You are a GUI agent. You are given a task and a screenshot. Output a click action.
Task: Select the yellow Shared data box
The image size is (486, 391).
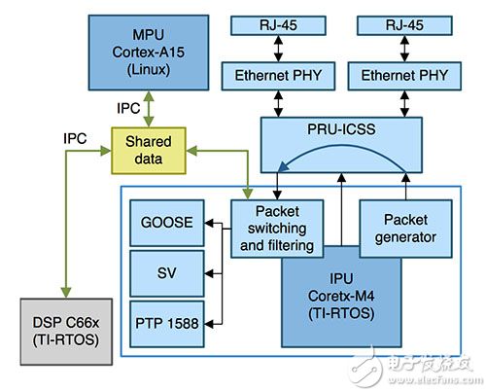[148, 150]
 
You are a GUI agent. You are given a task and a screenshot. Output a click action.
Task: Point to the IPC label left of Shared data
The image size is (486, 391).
[76, 139]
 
